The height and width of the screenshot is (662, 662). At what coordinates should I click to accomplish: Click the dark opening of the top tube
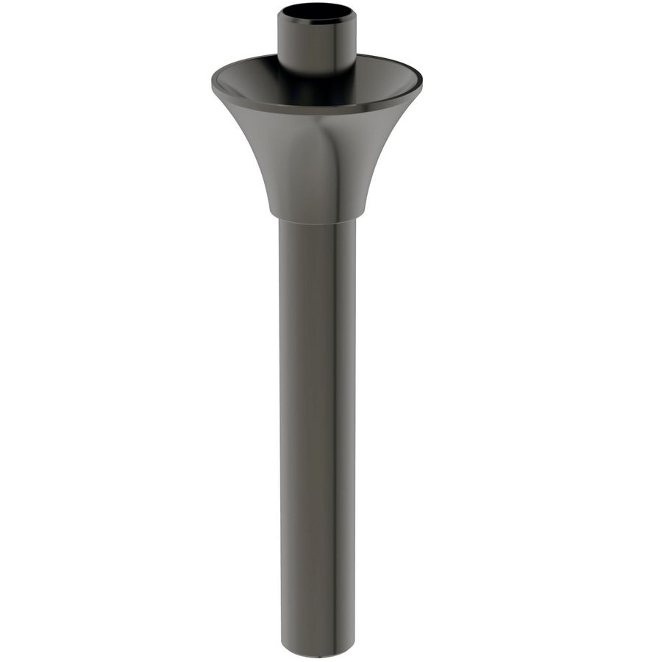pyautogui.click(x=317, y=12)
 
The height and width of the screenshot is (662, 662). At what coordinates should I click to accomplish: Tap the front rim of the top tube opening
pyautogui.click(x=317, y=21)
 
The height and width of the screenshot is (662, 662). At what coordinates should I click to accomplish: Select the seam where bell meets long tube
pyautogui.click(x=317, y=221)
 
